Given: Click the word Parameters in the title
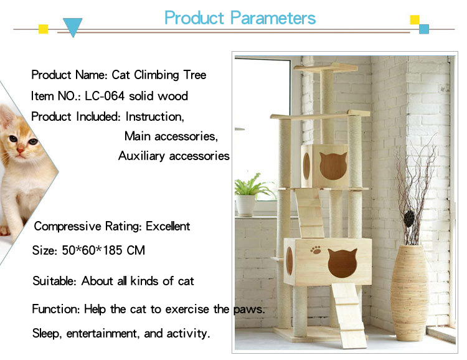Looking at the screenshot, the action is point(273,18).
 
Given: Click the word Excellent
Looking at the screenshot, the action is point(167,227).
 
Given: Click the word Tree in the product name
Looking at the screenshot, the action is point(195,75).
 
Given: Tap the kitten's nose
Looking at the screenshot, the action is point(21,150).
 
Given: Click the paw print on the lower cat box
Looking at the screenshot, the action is point(316,250).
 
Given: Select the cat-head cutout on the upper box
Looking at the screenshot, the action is point(333,166).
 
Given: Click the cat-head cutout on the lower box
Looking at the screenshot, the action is point(342,263).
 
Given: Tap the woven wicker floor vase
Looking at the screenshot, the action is point(410,293).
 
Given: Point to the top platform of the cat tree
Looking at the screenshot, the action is point(326,68).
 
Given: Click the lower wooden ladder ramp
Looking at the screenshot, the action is point(349,315).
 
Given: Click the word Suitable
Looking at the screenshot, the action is point(55,281).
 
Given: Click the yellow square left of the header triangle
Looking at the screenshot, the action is point(43,29).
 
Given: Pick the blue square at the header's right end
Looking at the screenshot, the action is point(424,29).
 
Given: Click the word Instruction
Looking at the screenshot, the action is point(155,116).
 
